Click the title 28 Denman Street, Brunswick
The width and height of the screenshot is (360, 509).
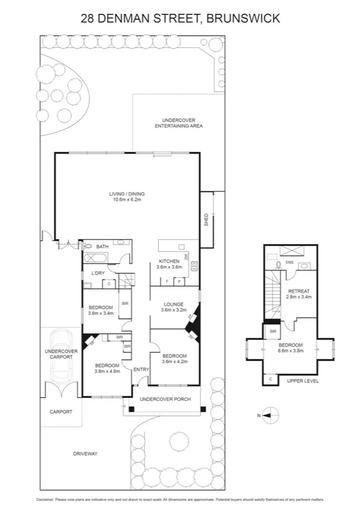tap(180, 19)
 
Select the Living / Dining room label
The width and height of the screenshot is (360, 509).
tap(126, 194)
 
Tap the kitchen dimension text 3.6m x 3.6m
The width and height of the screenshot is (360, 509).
tap(169, 267)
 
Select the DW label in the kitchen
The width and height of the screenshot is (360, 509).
tap(186, 257)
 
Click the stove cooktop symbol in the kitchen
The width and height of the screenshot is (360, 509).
tap(193, 266)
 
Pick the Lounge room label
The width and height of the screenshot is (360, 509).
tap(173, 304)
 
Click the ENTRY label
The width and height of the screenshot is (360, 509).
tap(141, 369)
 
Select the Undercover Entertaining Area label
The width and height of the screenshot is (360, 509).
tap(179, 123)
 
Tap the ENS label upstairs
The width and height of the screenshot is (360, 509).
tap(289, 262)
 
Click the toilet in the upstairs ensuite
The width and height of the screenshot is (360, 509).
tap(278, 266)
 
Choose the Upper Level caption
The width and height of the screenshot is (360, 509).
tap(302, 381)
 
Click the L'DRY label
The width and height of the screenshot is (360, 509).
tap(98, 273)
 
